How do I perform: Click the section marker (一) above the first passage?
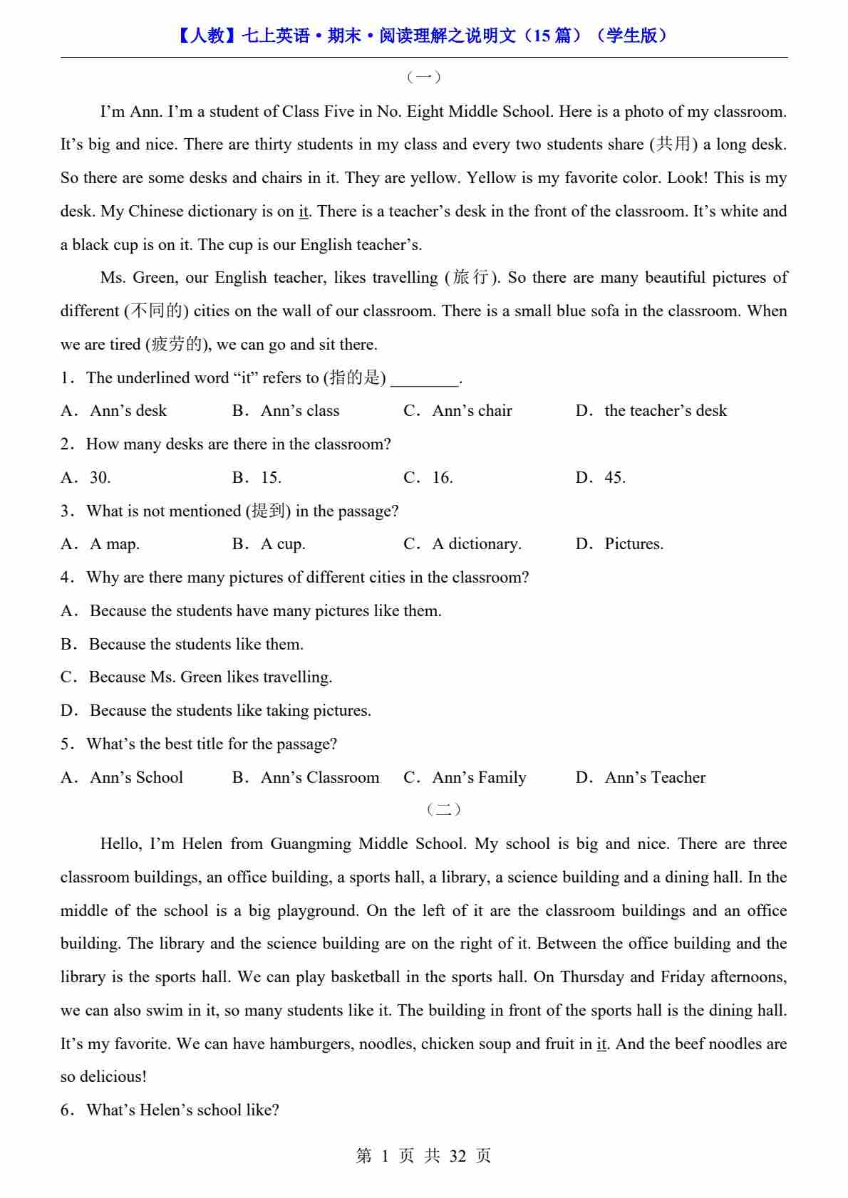(423, 77)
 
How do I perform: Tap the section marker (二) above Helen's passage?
(443, 809)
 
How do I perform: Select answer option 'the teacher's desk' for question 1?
(665, 411)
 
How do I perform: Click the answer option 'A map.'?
(114, 544)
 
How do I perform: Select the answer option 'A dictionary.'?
(476, 544)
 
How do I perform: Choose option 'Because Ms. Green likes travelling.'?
(210, 677)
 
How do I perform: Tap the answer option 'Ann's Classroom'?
(319, 778)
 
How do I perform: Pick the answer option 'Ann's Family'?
(479, 778)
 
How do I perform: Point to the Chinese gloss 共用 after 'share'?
(673, 145)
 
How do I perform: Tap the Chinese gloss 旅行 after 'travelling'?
(471, 278)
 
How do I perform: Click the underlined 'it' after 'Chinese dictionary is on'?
(304, 212)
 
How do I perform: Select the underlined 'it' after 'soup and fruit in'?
(601, 1044)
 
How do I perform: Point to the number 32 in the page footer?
(457, 1156)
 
